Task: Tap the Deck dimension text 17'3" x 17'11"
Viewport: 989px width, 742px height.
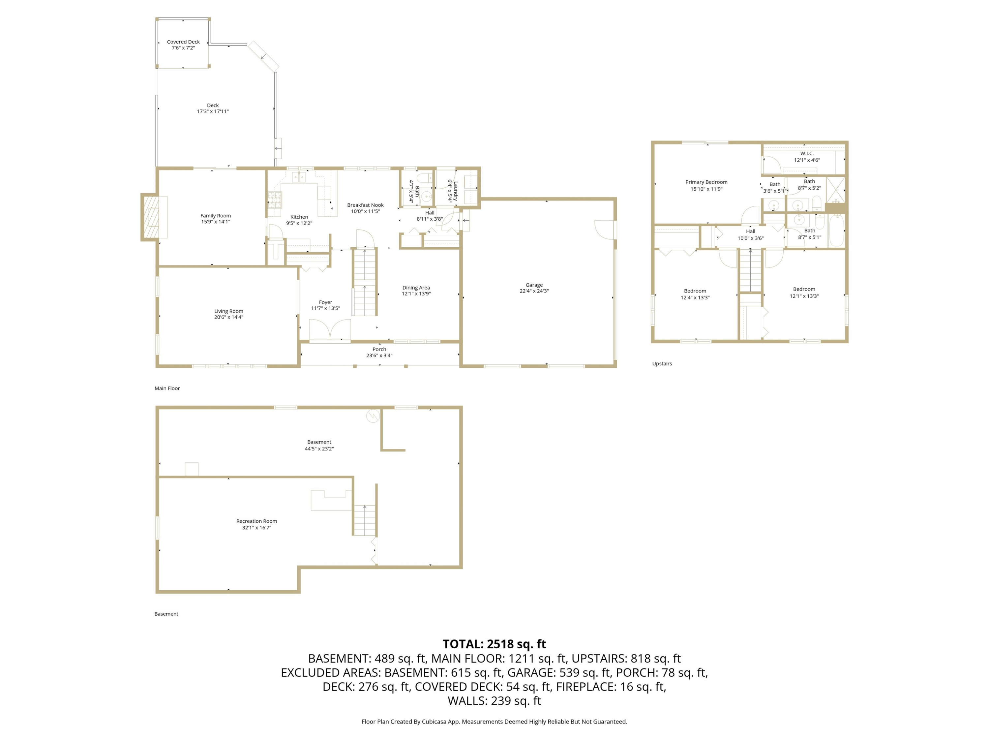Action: coord(213,111)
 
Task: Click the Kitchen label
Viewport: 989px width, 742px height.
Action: coord(299,217)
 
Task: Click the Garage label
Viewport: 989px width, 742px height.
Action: coord(534,285)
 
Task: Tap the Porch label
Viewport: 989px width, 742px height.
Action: coord(379,349)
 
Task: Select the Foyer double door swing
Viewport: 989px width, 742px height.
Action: coord(330,330)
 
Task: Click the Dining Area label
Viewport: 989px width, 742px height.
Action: coord(416,288)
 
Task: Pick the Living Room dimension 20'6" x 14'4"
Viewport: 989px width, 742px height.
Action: coord(228,317)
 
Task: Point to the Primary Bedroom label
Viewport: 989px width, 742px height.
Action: coord(706,182)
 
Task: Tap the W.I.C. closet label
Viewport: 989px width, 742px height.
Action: coord(807,153)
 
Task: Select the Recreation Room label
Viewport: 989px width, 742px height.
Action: coord(256,521)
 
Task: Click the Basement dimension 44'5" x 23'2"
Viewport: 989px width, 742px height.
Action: coord(319,448)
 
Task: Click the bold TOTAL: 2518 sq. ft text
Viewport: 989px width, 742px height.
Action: coord(494,644)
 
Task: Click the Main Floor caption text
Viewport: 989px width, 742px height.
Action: coord(167,388)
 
